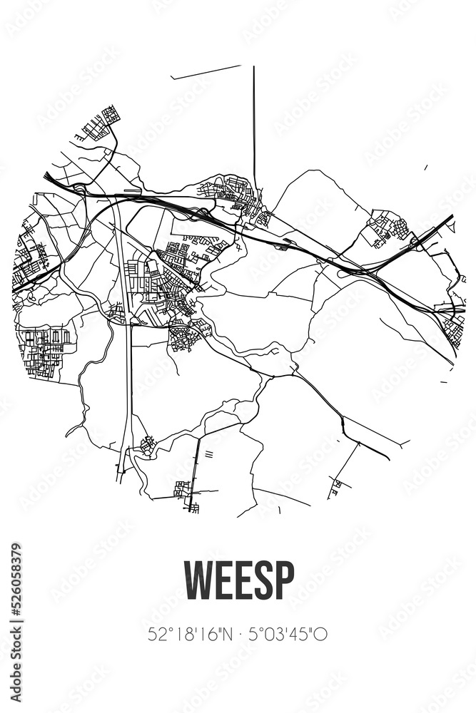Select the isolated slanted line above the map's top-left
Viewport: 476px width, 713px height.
tap(206, 72)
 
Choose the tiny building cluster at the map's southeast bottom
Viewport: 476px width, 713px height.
tap(335, 488)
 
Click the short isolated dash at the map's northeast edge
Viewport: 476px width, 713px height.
tap(425, 168)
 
